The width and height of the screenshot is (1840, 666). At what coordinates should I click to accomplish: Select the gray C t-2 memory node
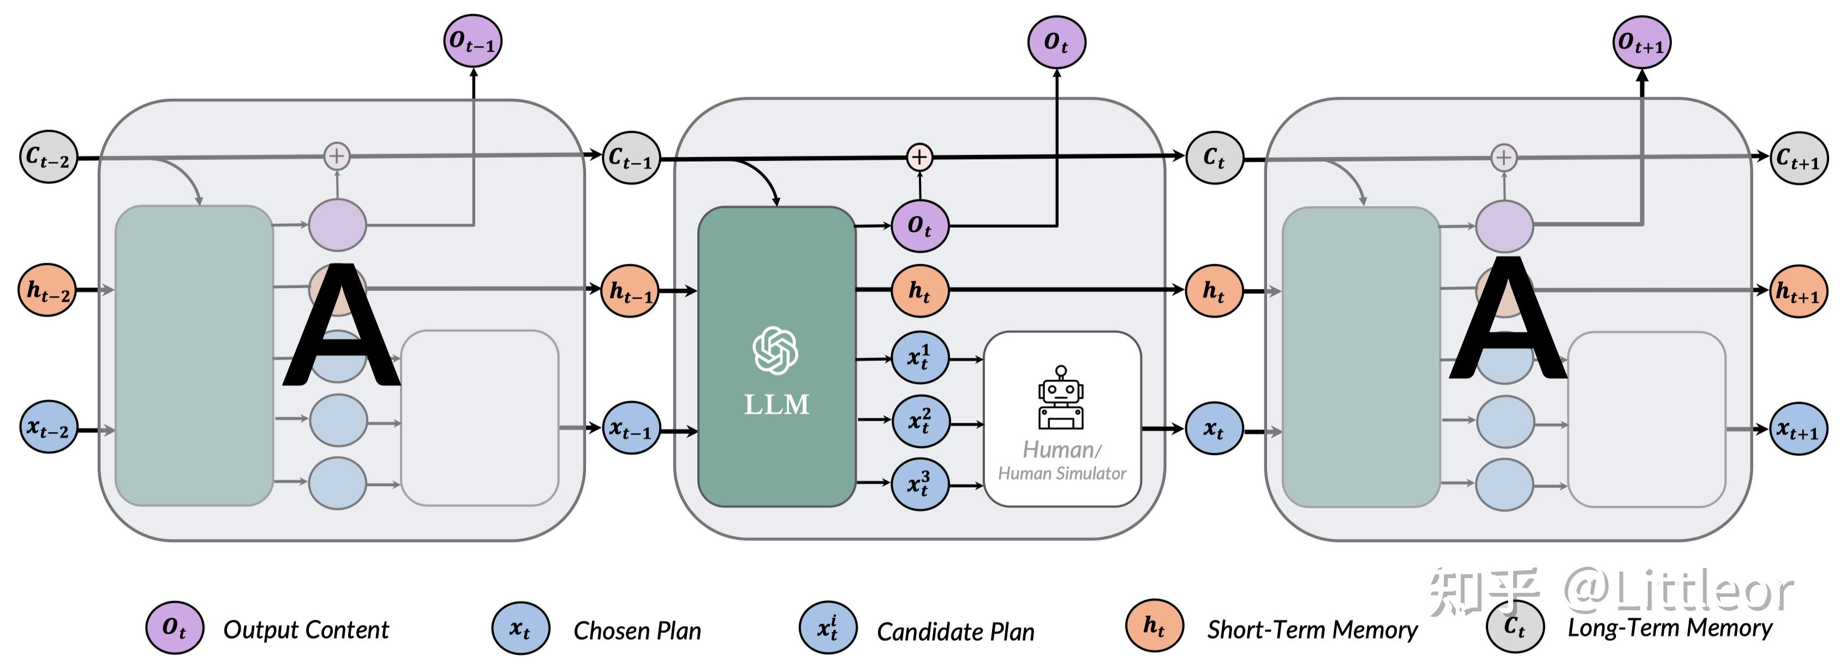pos(48,157)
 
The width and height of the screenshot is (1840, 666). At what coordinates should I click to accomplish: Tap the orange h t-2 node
pos(47,290)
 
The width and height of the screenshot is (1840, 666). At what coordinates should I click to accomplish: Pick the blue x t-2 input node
pos(48,426)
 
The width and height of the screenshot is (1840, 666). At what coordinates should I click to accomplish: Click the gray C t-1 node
pos(631,157)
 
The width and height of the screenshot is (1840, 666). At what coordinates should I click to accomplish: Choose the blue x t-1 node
pos(630,427)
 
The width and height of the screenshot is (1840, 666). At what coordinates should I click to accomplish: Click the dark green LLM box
pos(776,286)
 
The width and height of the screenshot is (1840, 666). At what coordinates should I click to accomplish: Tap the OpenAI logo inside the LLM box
pos(775,349)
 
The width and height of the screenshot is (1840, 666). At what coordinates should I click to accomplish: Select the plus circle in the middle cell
pos(919,157)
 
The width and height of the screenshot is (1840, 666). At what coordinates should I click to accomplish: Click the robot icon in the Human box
pos(1061,398)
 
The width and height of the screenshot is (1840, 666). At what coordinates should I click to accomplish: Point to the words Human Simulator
pos(1062,473)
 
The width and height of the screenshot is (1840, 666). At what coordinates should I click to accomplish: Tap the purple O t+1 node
pos(1641,42)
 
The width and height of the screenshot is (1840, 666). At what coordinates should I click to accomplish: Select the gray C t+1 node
pos(1799,158)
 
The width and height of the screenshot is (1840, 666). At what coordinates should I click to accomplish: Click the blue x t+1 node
pos(1798,428)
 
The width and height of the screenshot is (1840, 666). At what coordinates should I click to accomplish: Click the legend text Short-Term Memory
pos(1311,629)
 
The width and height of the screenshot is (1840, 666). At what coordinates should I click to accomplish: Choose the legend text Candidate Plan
pos(955,632)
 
